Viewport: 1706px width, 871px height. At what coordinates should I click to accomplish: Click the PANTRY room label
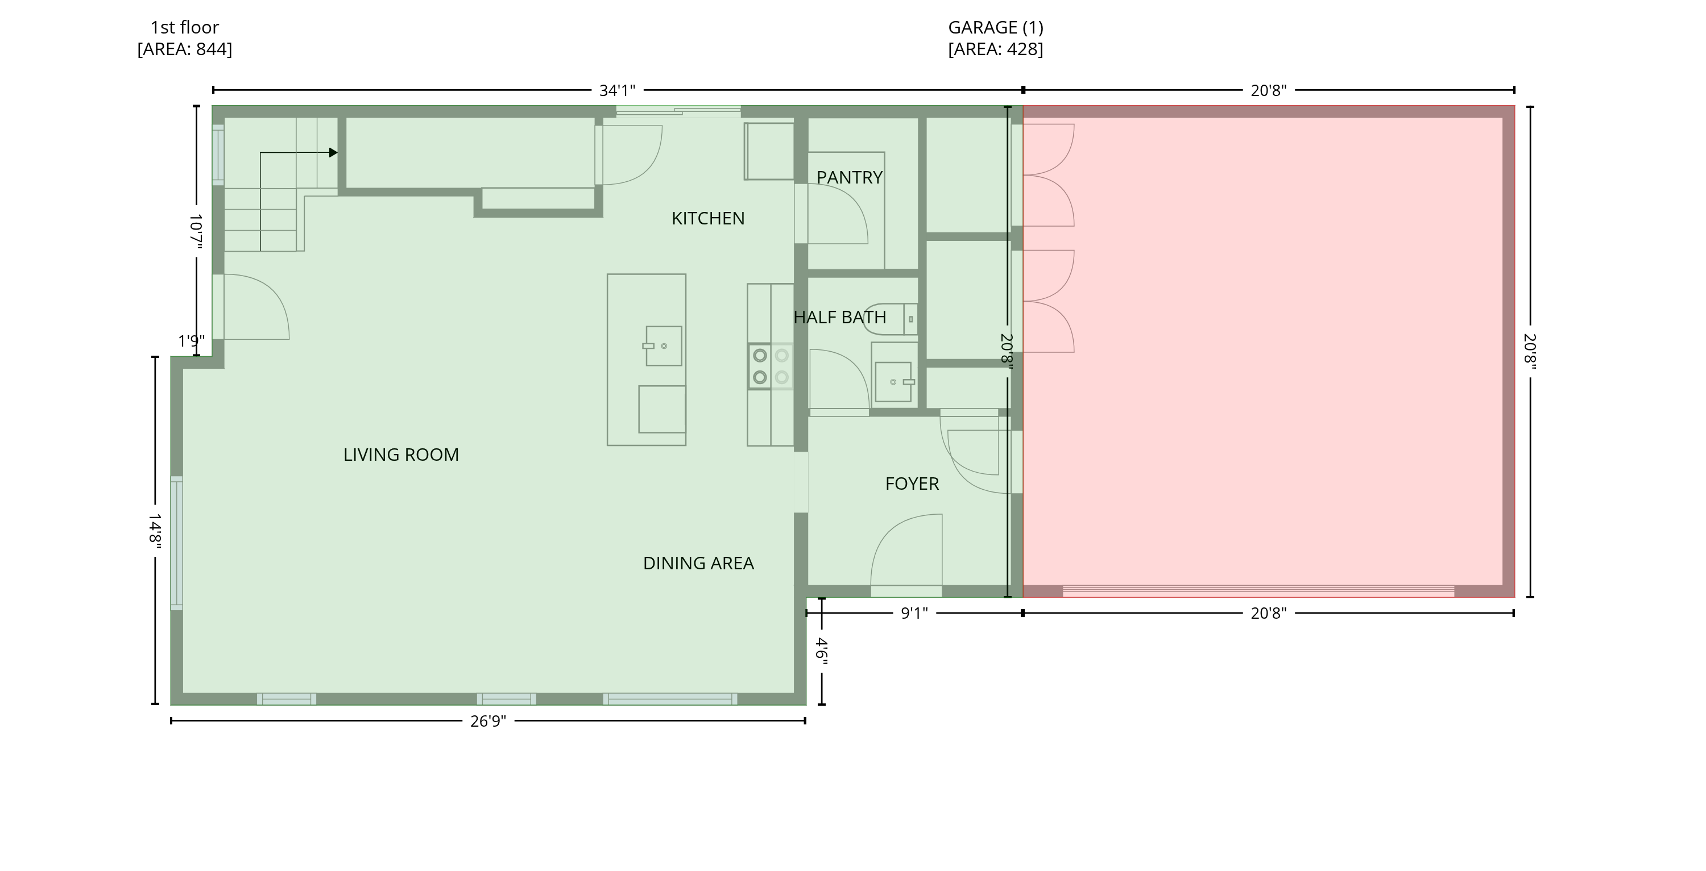[849, 177]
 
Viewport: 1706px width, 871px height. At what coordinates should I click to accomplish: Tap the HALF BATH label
[840, 317]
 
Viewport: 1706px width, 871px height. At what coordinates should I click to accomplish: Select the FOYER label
[912, 484]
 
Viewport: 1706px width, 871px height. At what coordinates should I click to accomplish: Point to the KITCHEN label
[708, 218]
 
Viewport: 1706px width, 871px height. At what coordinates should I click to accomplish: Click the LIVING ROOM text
[401, 455]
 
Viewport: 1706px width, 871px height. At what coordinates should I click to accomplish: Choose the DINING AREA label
[698, 563]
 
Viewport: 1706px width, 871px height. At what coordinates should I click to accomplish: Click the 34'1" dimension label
[617, 91]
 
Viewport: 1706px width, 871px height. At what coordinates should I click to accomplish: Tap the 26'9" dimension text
[488, 722]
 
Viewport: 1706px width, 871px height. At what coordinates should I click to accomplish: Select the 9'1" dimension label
[914, 614]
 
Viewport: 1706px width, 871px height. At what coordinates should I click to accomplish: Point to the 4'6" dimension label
[822, 651]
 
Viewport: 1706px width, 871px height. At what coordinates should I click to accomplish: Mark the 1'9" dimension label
[192, 341]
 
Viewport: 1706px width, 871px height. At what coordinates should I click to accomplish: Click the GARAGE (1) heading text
[995, 28]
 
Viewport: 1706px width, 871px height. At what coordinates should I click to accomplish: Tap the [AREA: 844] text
[185, 49]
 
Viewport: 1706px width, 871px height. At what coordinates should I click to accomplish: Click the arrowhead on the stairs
[333, 153]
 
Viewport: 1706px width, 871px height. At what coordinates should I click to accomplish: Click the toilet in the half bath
[891, 319]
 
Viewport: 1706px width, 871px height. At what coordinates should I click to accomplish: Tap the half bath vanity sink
[893, 382]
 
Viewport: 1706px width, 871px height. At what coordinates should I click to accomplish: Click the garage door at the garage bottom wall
[1258, 591]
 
